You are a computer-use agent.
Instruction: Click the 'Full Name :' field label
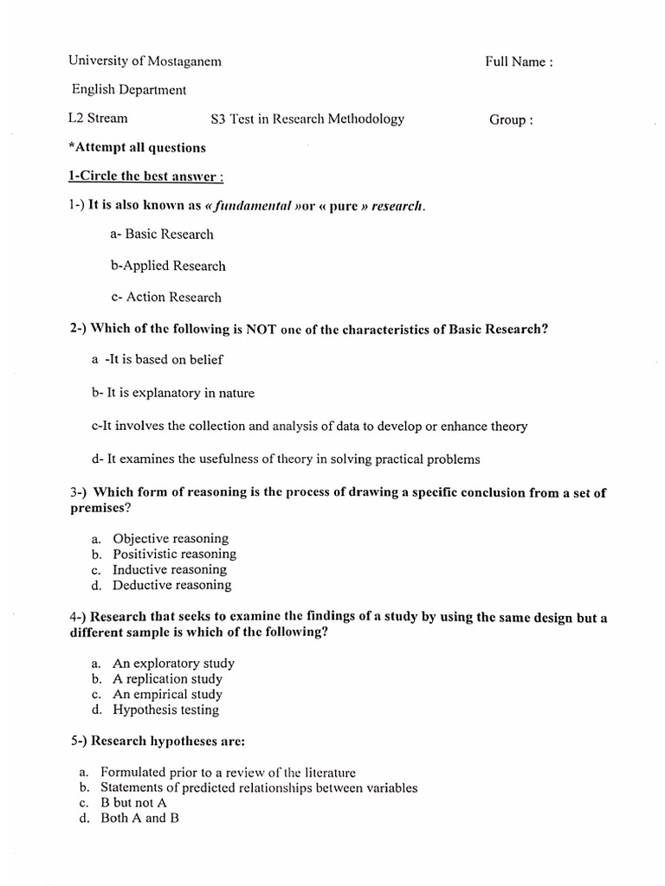[x=519, y=61]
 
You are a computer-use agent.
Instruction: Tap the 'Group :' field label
[x=511, y=119]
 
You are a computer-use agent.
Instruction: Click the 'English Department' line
[x=129, y=90]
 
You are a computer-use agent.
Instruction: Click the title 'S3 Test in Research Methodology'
[x=307, y=119]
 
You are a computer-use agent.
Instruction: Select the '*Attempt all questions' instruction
[x=137, y=147]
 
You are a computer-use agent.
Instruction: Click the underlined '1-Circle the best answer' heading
[x=146, y=177]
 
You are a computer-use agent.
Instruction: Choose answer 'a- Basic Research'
[x=162, y=234]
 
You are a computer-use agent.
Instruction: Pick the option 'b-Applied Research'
[x=168, y=266]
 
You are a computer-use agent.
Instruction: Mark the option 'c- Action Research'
[x=166, y=297]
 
